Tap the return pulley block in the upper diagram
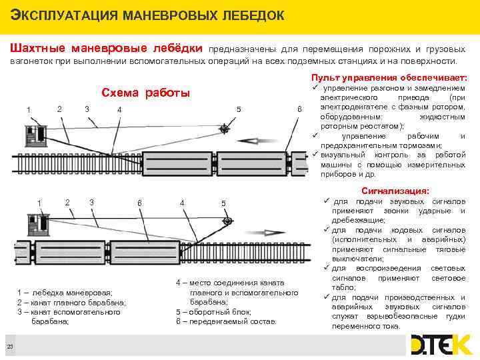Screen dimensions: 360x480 tap(225, 128)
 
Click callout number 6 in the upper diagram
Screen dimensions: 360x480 tap(299, 109)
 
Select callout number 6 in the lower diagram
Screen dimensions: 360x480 tap(139, 203)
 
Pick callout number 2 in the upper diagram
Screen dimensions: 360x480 tap(60, 108)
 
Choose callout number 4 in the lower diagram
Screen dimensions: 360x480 tap(182, 203)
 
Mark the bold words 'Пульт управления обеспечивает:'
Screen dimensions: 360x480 tap(389, 77)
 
